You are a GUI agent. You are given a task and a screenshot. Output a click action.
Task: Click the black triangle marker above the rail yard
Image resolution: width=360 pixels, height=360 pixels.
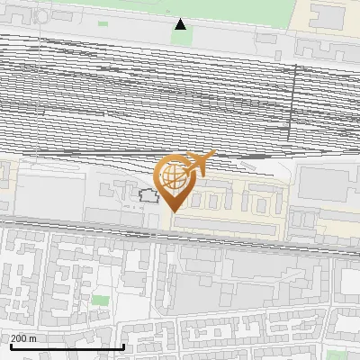click(181, 24)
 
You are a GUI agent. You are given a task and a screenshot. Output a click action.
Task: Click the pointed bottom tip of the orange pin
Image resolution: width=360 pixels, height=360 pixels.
click(174, 211)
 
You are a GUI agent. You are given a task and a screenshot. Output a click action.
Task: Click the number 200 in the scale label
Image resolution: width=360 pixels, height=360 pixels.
click(18, 338)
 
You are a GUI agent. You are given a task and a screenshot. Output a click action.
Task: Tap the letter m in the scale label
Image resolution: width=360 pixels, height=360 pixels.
click(33, 338)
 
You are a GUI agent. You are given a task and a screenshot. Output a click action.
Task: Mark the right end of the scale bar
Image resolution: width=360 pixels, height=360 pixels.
click(123, 346)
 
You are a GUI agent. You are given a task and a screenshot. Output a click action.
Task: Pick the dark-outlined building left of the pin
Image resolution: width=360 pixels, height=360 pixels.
click(147, 194)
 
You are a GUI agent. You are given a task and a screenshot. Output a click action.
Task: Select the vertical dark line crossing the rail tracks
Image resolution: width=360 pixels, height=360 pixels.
click(292, 99)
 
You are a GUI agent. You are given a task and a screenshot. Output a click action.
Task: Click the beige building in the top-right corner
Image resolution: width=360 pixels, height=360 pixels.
click(328, 15)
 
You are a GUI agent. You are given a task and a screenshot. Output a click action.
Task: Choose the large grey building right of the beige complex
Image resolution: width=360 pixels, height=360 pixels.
click(328, 184)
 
